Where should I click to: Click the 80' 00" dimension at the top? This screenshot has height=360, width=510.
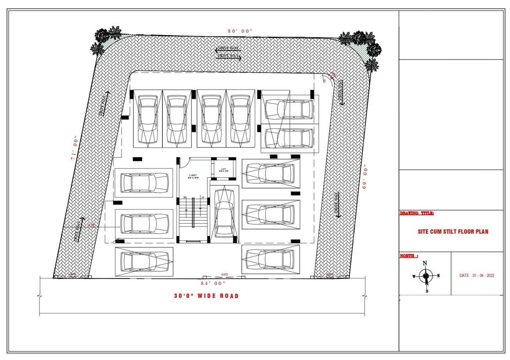tap(240, 31)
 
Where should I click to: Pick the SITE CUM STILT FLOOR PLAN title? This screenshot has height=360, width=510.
tap(453, 232)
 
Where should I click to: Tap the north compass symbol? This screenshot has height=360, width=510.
tap(425, 277)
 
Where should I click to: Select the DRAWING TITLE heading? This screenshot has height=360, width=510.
tap(417, 213)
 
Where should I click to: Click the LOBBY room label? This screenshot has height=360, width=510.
tap(193, 176)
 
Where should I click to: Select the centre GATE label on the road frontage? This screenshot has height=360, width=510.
tap(225, 275)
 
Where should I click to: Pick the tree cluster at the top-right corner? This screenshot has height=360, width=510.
tap(363, 46)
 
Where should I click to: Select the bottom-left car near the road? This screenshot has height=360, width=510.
tap(144, 262)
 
